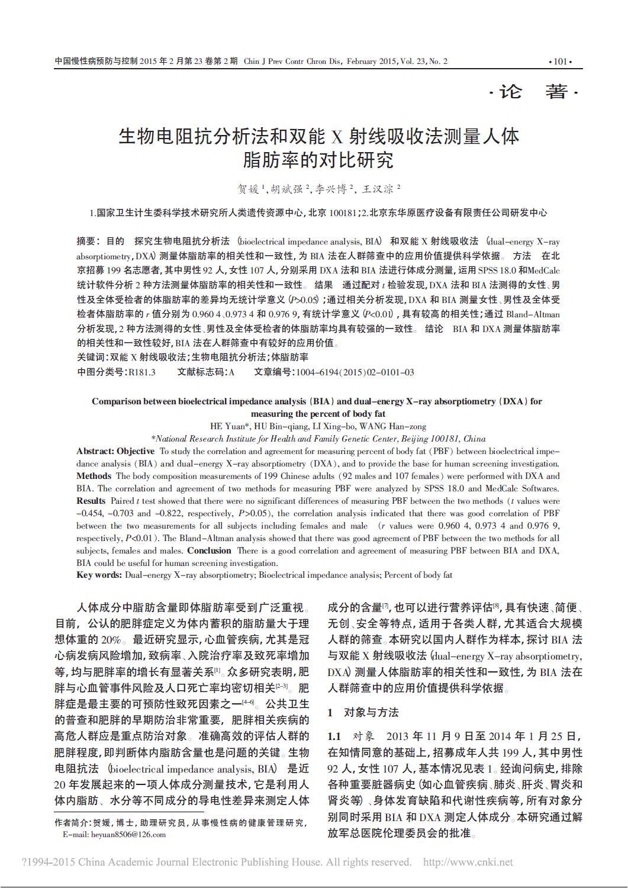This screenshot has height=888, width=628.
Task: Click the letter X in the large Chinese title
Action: tap(337, 137)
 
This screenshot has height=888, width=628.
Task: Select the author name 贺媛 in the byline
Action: tap(249, 189)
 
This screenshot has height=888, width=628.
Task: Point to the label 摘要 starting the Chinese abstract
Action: tap(86, 241)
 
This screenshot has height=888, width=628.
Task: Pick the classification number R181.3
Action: tap(142, 372)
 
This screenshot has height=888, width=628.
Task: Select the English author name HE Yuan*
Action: tap(231, 426)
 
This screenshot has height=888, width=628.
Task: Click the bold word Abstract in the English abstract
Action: tap(95, 451)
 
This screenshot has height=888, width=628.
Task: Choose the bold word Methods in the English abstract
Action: tap(94, 476)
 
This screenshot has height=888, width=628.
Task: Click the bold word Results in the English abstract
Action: tap(91, 501)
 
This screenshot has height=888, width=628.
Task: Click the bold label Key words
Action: tap(99, 575)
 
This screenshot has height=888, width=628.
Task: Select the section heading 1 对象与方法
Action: tap(363, 712)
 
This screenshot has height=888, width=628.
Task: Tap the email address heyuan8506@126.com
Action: tap(128, 835)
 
